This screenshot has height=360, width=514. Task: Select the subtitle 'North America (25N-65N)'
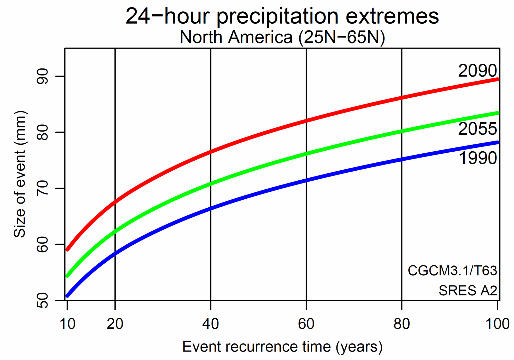tap(282, 38)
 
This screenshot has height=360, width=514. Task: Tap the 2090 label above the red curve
tap(477, 71)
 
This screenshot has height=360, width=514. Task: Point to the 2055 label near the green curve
tap(477, 129)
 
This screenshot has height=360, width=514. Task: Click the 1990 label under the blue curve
tap(478, 158)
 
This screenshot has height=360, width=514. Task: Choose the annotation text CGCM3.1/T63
tap(452, 271)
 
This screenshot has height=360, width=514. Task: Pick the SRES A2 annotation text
tap(468, 291)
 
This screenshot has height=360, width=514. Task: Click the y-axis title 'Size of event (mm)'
tap(20, 174)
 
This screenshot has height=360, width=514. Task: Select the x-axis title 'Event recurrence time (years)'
tap(282, 347)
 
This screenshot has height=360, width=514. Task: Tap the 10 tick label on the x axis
tap(67, 324)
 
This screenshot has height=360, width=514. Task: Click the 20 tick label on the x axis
tap(115, 324)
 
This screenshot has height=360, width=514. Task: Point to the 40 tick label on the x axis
tap(210, 324)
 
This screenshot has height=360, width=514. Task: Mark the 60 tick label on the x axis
tap(306, 324)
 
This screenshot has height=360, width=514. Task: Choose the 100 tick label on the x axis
tap(497, 324)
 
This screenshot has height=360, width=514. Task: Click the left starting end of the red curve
tap(67, 250)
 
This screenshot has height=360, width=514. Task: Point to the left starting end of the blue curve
tap(67, 296)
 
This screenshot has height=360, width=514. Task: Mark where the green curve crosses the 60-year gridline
tap(306, 154)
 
